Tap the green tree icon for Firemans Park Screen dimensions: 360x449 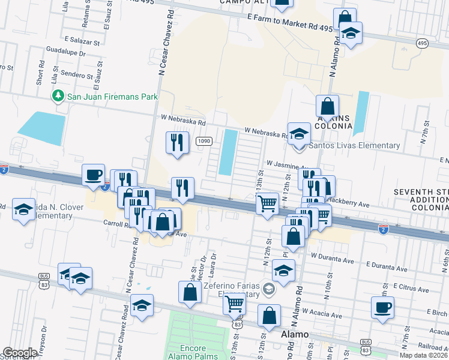[58, 95]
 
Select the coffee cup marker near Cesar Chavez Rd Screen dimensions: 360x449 [93, 175]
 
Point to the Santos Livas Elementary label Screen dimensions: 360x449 [354, 145]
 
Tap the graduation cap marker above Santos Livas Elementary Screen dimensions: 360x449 [298, 134]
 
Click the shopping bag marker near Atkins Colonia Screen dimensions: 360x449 [327, 106]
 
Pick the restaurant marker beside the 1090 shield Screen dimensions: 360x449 [176, 142]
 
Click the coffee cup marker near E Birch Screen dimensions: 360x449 [382, 308]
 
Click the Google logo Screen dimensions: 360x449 [20, 353]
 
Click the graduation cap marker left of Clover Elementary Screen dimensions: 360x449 [23, 209]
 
